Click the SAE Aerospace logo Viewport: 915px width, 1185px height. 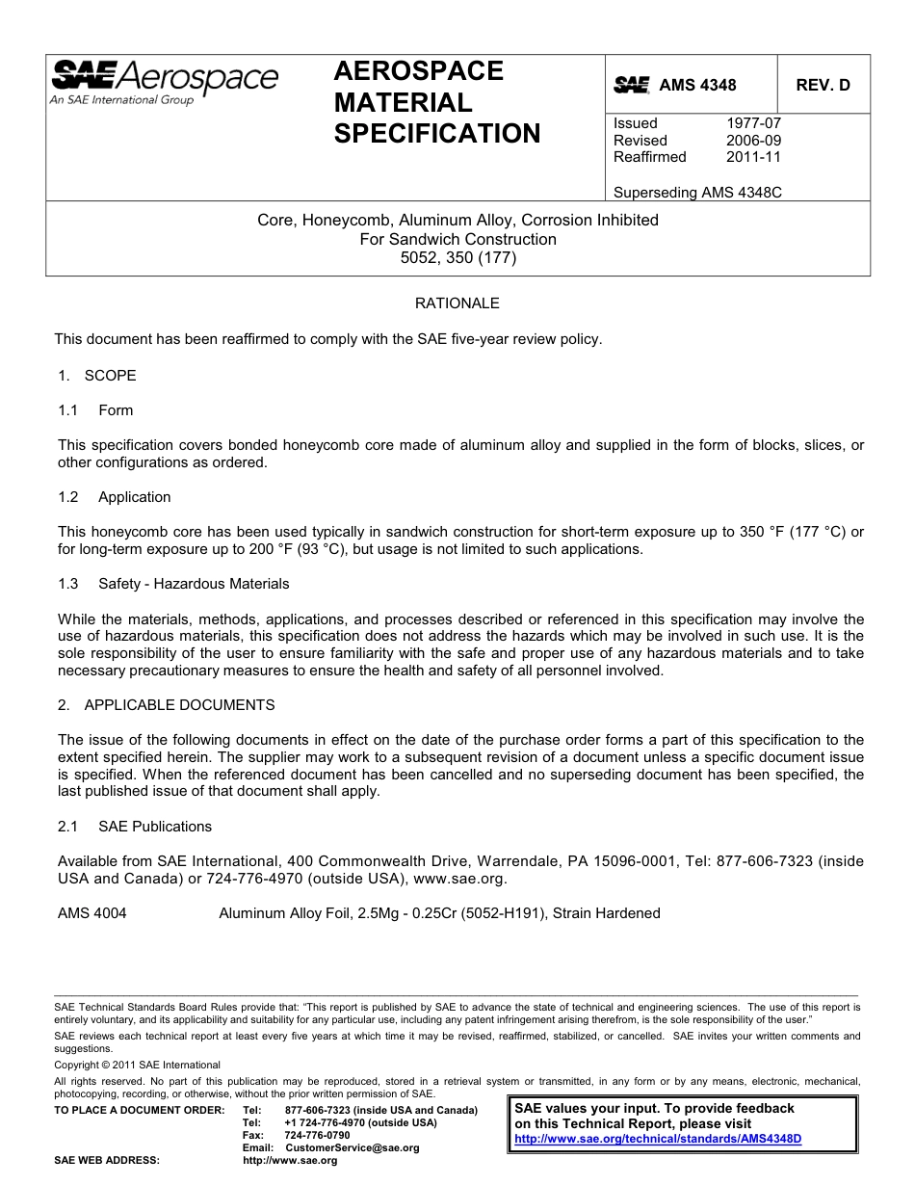point(164,82)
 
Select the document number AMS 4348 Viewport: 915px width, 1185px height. point(697,85)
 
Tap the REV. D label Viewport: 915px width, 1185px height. point(823,85)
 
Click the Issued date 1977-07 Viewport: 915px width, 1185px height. point(753,123)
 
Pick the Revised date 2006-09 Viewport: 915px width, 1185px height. point(753,141)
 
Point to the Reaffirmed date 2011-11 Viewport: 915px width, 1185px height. point(753,157)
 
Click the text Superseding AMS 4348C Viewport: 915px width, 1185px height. point(697,192)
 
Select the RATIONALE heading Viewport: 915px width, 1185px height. point(457,303)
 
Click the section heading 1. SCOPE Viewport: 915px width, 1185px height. point(96,376)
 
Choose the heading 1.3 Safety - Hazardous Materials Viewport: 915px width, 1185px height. point(173,584)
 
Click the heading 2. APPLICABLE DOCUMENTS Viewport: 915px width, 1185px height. point(166,705)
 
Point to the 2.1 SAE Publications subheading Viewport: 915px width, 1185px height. point(135,827)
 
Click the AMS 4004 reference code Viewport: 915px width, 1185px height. point(91,913)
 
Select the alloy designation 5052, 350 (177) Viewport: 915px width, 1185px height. point(457,258)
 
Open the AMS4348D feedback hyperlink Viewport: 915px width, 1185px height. point(658,1139)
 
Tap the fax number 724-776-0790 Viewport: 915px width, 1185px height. point(317,1135)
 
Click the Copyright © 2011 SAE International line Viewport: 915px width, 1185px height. point(137,1065)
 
